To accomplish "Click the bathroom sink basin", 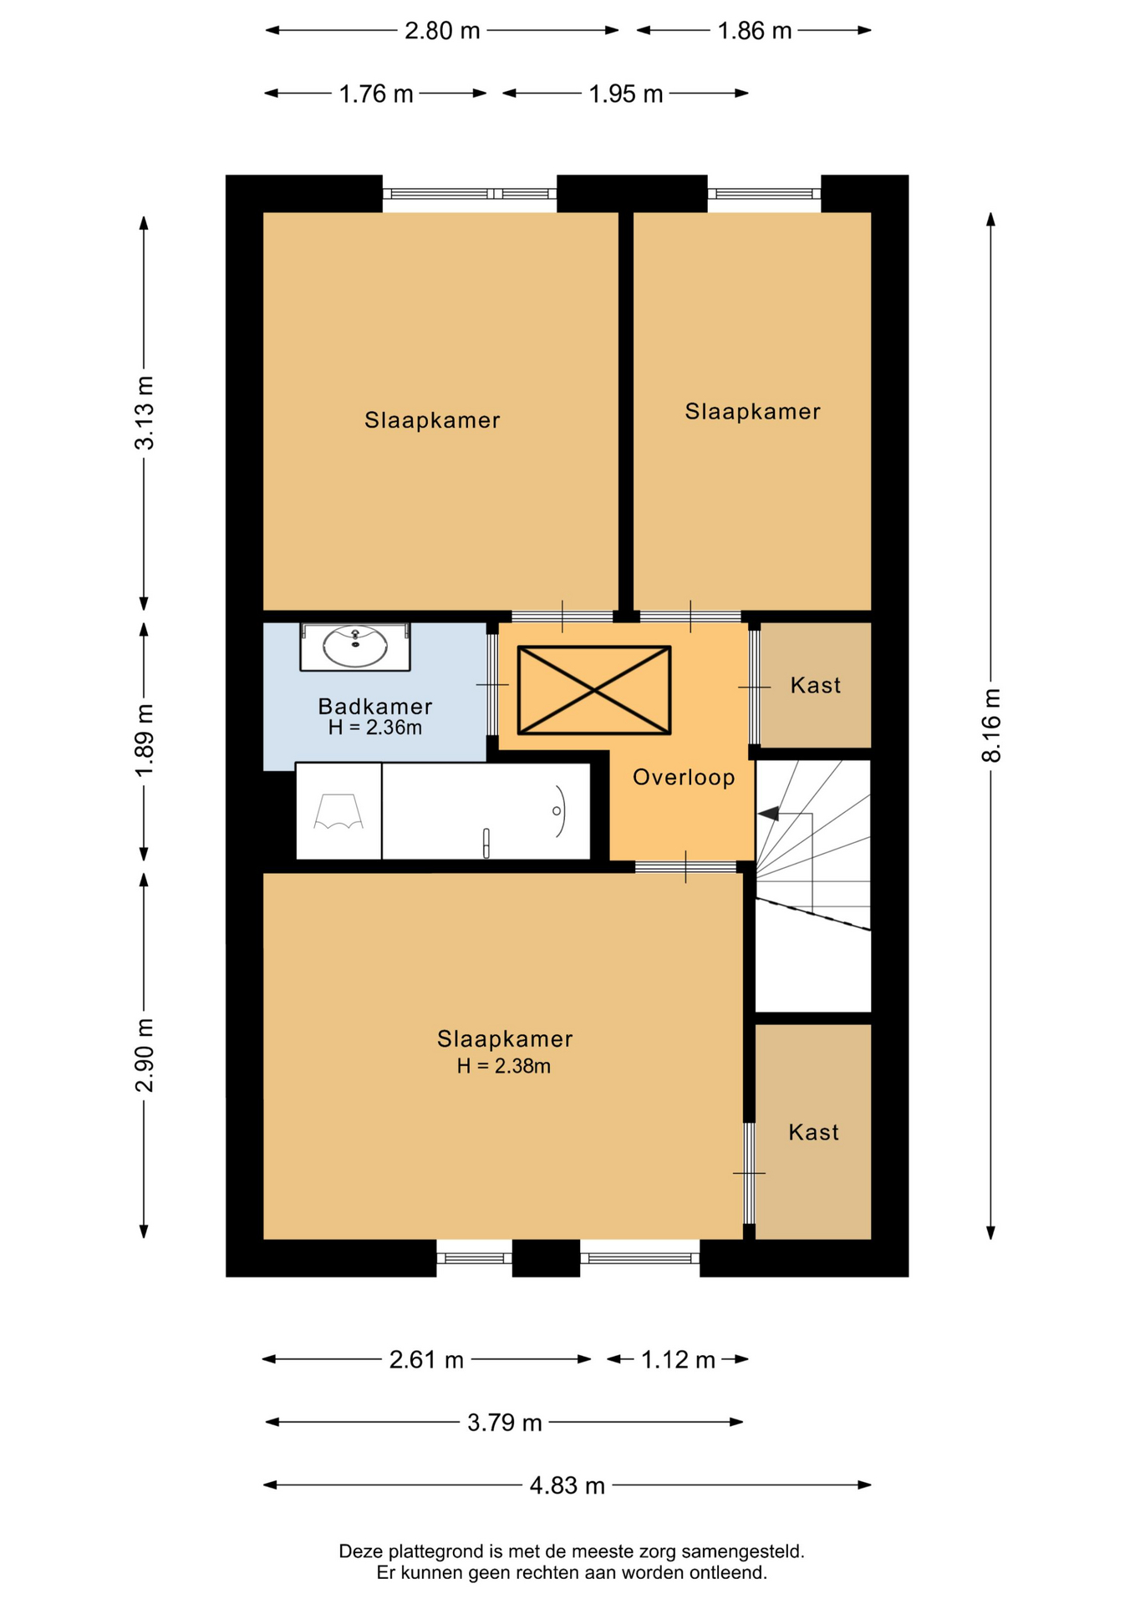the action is [x=355, y=647].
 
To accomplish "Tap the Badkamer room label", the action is [x=375, y=706].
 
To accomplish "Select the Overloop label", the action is [x=684, y=777].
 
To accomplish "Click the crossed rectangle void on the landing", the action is [x=594, y=690].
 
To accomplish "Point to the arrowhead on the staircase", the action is [x=768, y=813].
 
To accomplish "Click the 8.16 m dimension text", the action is [x=991, y=725].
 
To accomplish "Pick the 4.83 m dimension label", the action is [x=567, y=1485].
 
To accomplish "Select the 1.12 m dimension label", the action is [x=678, y=1360].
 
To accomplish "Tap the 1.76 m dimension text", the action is [x=376, y=94].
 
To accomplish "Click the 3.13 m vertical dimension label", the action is [x=145, y=413].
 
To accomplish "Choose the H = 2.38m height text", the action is [x=504, y=1066].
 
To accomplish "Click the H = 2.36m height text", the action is [x=375, y=728].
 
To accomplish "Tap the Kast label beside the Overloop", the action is [x=816, y=685].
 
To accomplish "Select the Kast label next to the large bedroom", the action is [x=813, y=1132].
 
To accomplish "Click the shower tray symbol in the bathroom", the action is [x=338, y=810].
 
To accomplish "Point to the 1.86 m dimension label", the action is [x=755, y=31].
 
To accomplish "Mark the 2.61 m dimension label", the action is [x=426, y=1360].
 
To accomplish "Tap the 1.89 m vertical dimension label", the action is [x=145, y=740].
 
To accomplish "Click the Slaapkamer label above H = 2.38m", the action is [x=505, y=1038].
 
